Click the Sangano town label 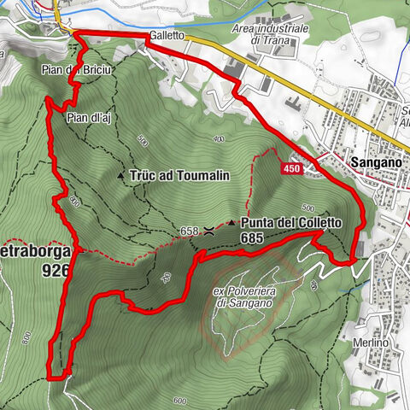pyautogui.click(x=374, y=160)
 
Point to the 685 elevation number pyautogui.click(x=254, y=239)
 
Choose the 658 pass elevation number pyautogui.click(x=190, y=231)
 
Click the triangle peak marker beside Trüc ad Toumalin pyautogui.click(x=120, y=175)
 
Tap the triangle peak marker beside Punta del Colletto pyautogui.click(x=231, y=223)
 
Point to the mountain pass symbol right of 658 pyautogui.click(x=209, y=231)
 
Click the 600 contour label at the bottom pyautogui.click(x=179, y=401)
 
